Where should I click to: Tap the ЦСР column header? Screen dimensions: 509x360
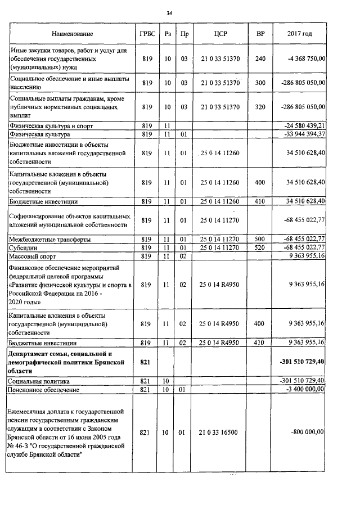point(220,34)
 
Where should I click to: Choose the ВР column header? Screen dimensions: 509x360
point(260,34)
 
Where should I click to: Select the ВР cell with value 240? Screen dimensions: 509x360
point(260,58)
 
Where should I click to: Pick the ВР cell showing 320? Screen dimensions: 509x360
point(260,106)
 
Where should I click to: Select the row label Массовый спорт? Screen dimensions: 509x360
point(33,256)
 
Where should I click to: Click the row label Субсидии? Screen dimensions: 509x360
point(25,248)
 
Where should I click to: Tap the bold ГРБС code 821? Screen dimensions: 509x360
point(146,362)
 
